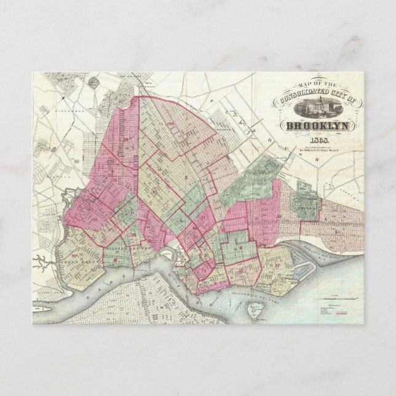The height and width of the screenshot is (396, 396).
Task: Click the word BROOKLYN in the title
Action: [x=315, y=128]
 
